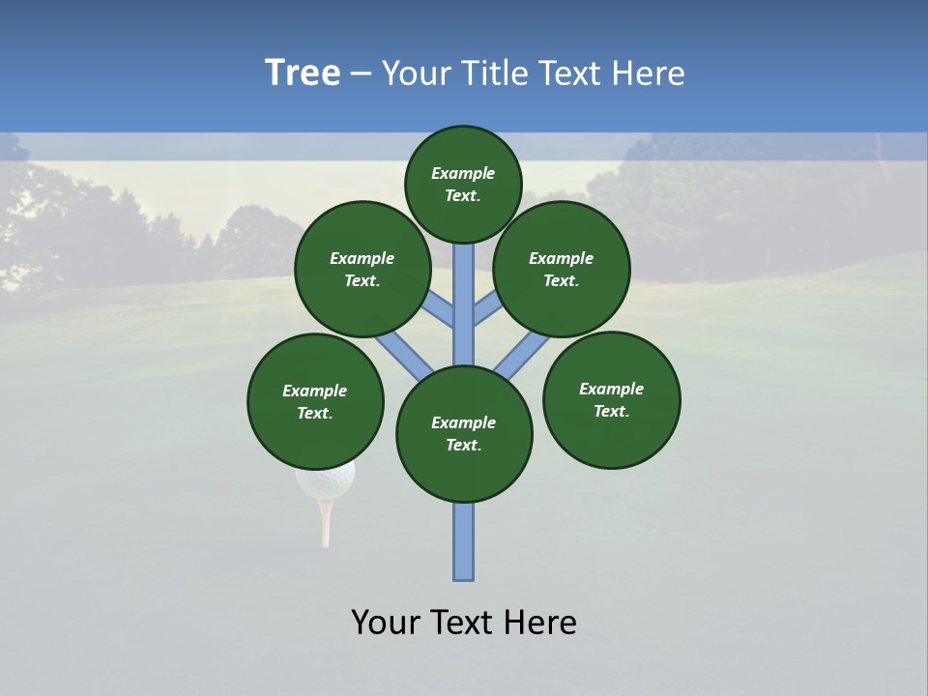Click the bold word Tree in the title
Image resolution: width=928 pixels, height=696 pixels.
coord(303,73)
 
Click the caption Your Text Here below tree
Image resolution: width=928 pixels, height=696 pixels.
coord(464,623)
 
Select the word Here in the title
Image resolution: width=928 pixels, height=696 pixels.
coord(652,73)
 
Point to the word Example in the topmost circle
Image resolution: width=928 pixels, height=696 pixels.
coord(463,173)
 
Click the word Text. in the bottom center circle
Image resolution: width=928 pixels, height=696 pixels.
coord(464,445)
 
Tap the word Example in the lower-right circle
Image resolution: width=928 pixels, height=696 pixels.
coord(611,389)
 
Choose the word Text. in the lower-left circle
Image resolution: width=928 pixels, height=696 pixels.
coord(315,413)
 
